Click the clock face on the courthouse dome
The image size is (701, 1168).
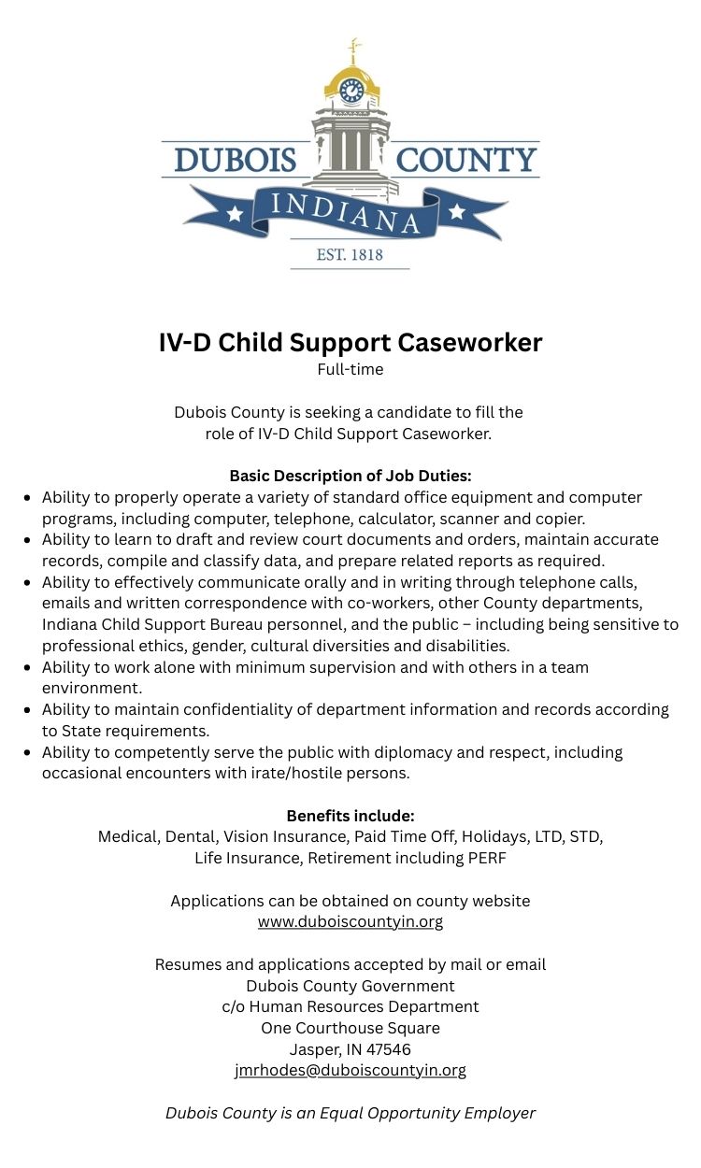tap(351, 91)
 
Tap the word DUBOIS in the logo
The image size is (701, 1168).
tap(235, 161)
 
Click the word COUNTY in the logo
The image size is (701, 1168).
tap(466, 161)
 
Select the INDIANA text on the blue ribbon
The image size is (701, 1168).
tap(347, 212)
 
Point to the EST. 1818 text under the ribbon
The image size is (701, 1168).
tap(350, 253)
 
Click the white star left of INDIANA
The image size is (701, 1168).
tap(234, 214)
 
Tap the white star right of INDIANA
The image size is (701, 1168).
tap(457, 212)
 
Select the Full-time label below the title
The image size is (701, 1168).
tap(350, 369)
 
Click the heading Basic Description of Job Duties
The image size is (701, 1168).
tap(350, 476)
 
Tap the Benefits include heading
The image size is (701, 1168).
tap(350, 816)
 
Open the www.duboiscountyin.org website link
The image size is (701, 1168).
tap(350, 921)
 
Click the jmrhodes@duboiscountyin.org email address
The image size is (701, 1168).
tap(350, 1070)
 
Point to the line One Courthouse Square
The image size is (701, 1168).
tap(350, 1028)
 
